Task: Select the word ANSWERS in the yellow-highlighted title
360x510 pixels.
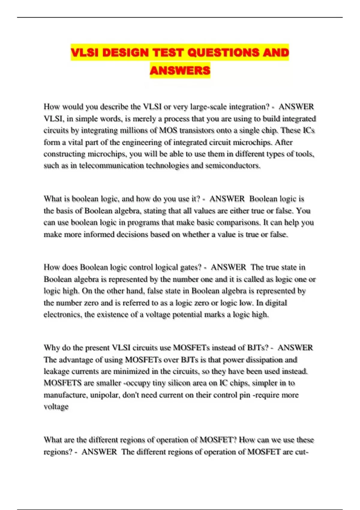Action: pos(180,71)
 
